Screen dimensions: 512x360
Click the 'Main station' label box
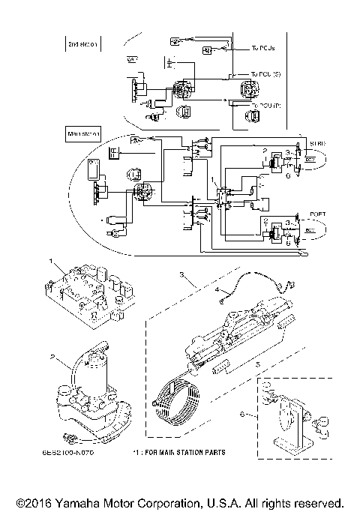pos(83,136)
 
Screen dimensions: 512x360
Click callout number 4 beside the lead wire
pos(217,289)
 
